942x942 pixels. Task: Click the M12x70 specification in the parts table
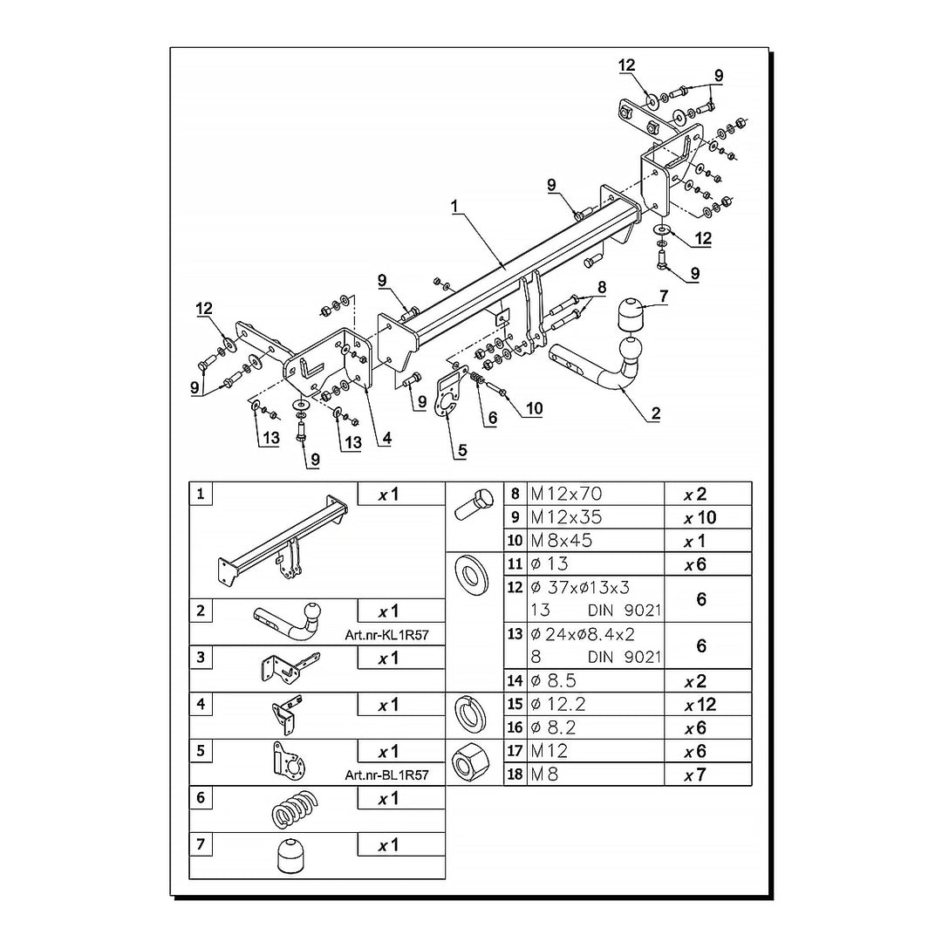[x=567, y=494]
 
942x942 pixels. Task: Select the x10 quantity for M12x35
[x=700, y=517]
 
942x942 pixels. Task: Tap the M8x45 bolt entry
[x=562, y=541]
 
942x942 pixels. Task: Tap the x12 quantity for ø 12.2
[x=700, y=705]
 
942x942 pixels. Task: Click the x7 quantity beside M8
[x=694, y=775]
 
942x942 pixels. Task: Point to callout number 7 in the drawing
[x=663, y=297]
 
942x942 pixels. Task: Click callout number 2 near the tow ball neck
[x=655, y=413]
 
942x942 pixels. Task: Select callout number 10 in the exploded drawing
[x=534, y=408]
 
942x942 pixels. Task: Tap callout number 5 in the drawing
[x=461, y=450]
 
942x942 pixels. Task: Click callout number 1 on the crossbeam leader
[x=455, y=206]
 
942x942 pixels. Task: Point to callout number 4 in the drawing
[x=386, y=439]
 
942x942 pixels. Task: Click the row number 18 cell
[x=515, y=774]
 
